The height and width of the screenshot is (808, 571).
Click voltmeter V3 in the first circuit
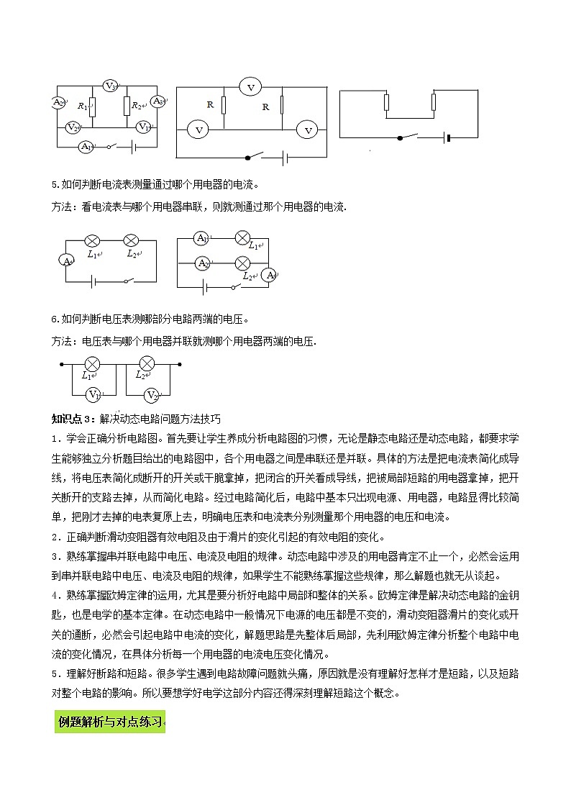110,86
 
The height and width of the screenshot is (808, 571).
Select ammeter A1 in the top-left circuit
85,146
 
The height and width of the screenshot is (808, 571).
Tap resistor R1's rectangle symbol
91,106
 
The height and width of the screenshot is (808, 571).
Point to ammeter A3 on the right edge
158,102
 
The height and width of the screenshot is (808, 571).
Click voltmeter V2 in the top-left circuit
72,127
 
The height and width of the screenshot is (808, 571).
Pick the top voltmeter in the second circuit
251,87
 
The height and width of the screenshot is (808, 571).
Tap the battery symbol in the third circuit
448,137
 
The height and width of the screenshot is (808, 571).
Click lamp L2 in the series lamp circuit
131,240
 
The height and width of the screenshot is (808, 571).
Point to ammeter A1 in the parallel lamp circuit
202,239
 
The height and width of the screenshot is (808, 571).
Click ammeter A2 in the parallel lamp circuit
203,263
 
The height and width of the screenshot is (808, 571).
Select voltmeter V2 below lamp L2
151,394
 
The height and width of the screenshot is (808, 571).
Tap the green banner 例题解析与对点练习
109,721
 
